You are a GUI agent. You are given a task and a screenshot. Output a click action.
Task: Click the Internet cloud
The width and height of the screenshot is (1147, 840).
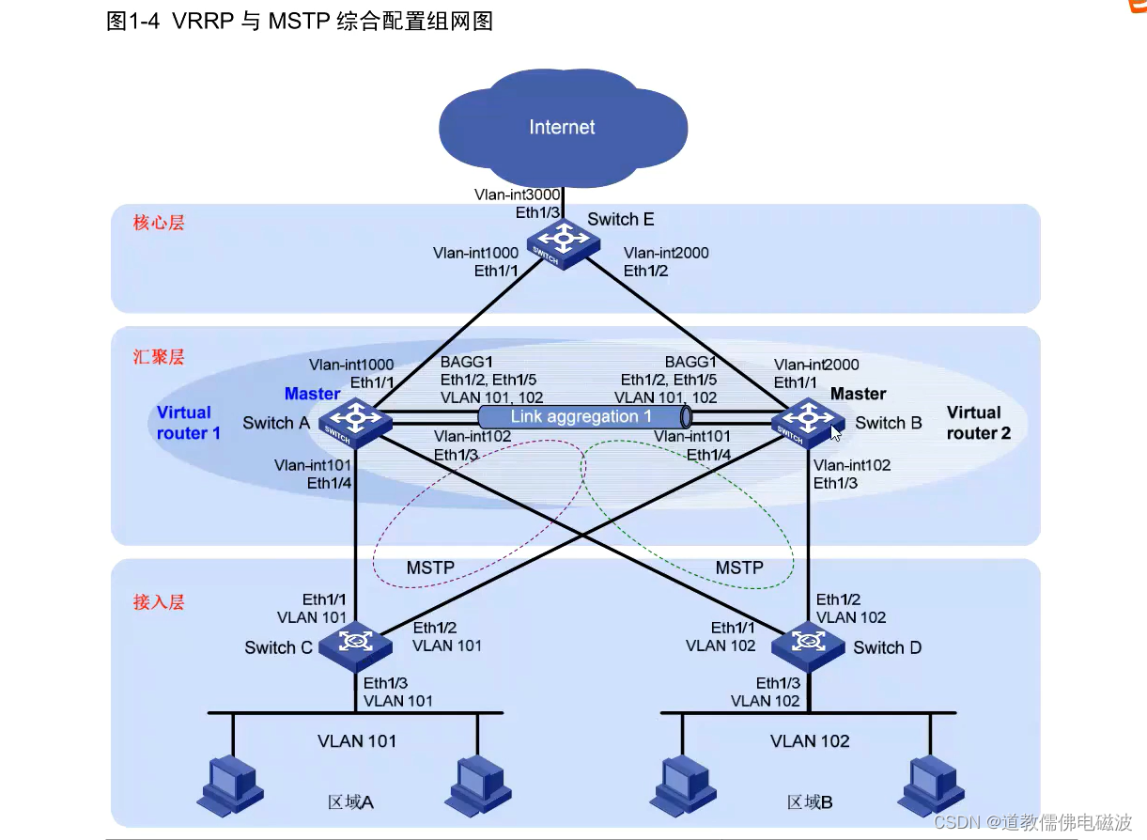tap(562, 128)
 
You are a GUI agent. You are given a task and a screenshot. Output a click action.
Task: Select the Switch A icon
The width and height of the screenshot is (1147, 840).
tap(356, 422)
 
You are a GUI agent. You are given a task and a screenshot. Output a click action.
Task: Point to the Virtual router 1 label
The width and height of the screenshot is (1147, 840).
tap(189, 423)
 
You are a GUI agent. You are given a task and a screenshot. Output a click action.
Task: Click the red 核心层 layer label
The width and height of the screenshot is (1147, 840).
tap(159, 223)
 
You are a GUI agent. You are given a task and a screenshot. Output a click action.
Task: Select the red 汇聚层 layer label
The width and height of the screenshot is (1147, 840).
tap(159, 357)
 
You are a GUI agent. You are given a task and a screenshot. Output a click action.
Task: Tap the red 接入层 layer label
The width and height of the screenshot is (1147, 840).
tap(159, 602)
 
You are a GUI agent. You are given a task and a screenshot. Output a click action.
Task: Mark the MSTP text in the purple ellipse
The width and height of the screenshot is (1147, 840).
tap(430, 568)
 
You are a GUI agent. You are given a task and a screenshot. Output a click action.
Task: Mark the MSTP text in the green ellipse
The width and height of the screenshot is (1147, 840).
tap(739, 568)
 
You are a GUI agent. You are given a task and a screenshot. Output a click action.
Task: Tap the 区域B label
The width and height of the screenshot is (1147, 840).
tap(810, 802)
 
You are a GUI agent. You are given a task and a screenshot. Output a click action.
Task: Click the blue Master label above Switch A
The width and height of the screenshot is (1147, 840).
tap(312, 394)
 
